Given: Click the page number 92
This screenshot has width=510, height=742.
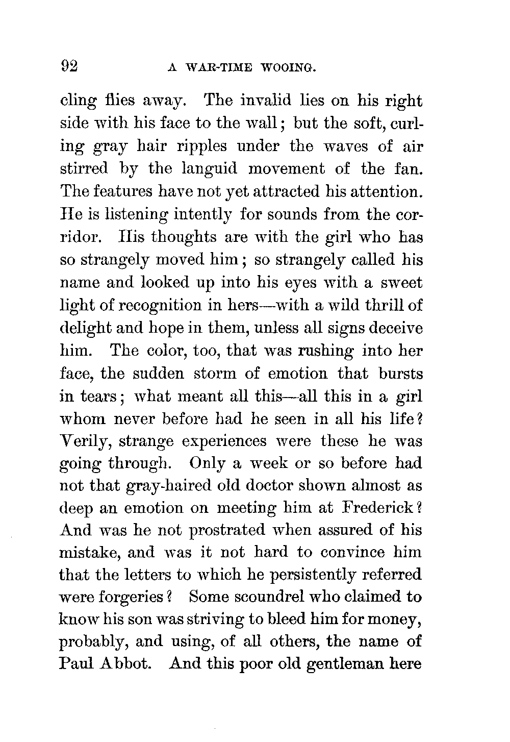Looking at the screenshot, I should (68, 66).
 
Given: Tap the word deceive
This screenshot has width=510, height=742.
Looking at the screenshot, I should (395, 328).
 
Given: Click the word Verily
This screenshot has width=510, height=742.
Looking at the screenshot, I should (85, 441).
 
